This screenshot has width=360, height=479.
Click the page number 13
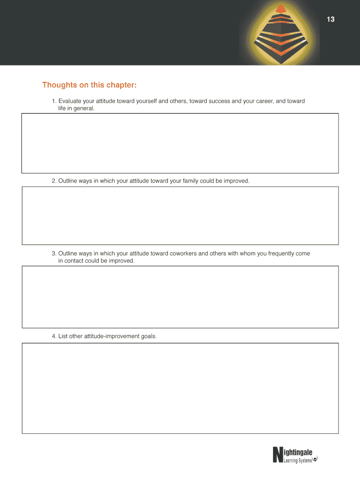[331, 20]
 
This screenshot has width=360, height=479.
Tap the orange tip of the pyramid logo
[281, 8]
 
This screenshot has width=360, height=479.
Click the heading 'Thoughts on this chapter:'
[89, 85]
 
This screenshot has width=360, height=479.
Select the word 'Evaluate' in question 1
[71, 101]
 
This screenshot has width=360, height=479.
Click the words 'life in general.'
[76, 108]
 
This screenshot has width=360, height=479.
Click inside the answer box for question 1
[180, 143]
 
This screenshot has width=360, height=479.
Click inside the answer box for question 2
[180, 216]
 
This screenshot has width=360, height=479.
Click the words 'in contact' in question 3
[72, 261]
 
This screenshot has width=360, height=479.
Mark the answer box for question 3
[180, 297]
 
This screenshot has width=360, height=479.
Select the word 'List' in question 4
[63, 335]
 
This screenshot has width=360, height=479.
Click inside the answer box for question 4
[180, 388]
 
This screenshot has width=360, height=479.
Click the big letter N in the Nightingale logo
[278, 455]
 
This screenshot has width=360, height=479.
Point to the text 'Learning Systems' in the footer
[298, 461]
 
